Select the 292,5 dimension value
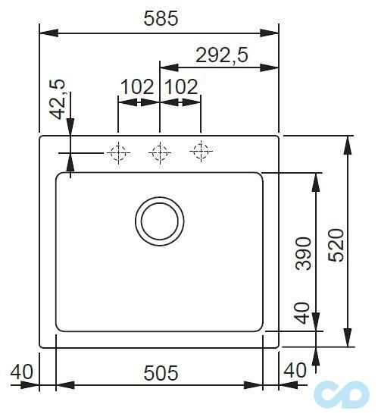[222, 55]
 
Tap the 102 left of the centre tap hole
[137, 86]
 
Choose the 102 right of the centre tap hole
[181, 86]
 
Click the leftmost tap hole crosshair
[118, 153]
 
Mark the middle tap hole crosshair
[159, 153]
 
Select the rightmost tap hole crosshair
[201, 152]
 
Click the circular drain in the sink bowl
[159, 221]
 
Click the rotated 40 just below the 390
[302, 313]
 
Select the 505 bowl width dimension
[160, 372]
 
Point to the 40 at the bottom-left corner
[22, 372]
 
